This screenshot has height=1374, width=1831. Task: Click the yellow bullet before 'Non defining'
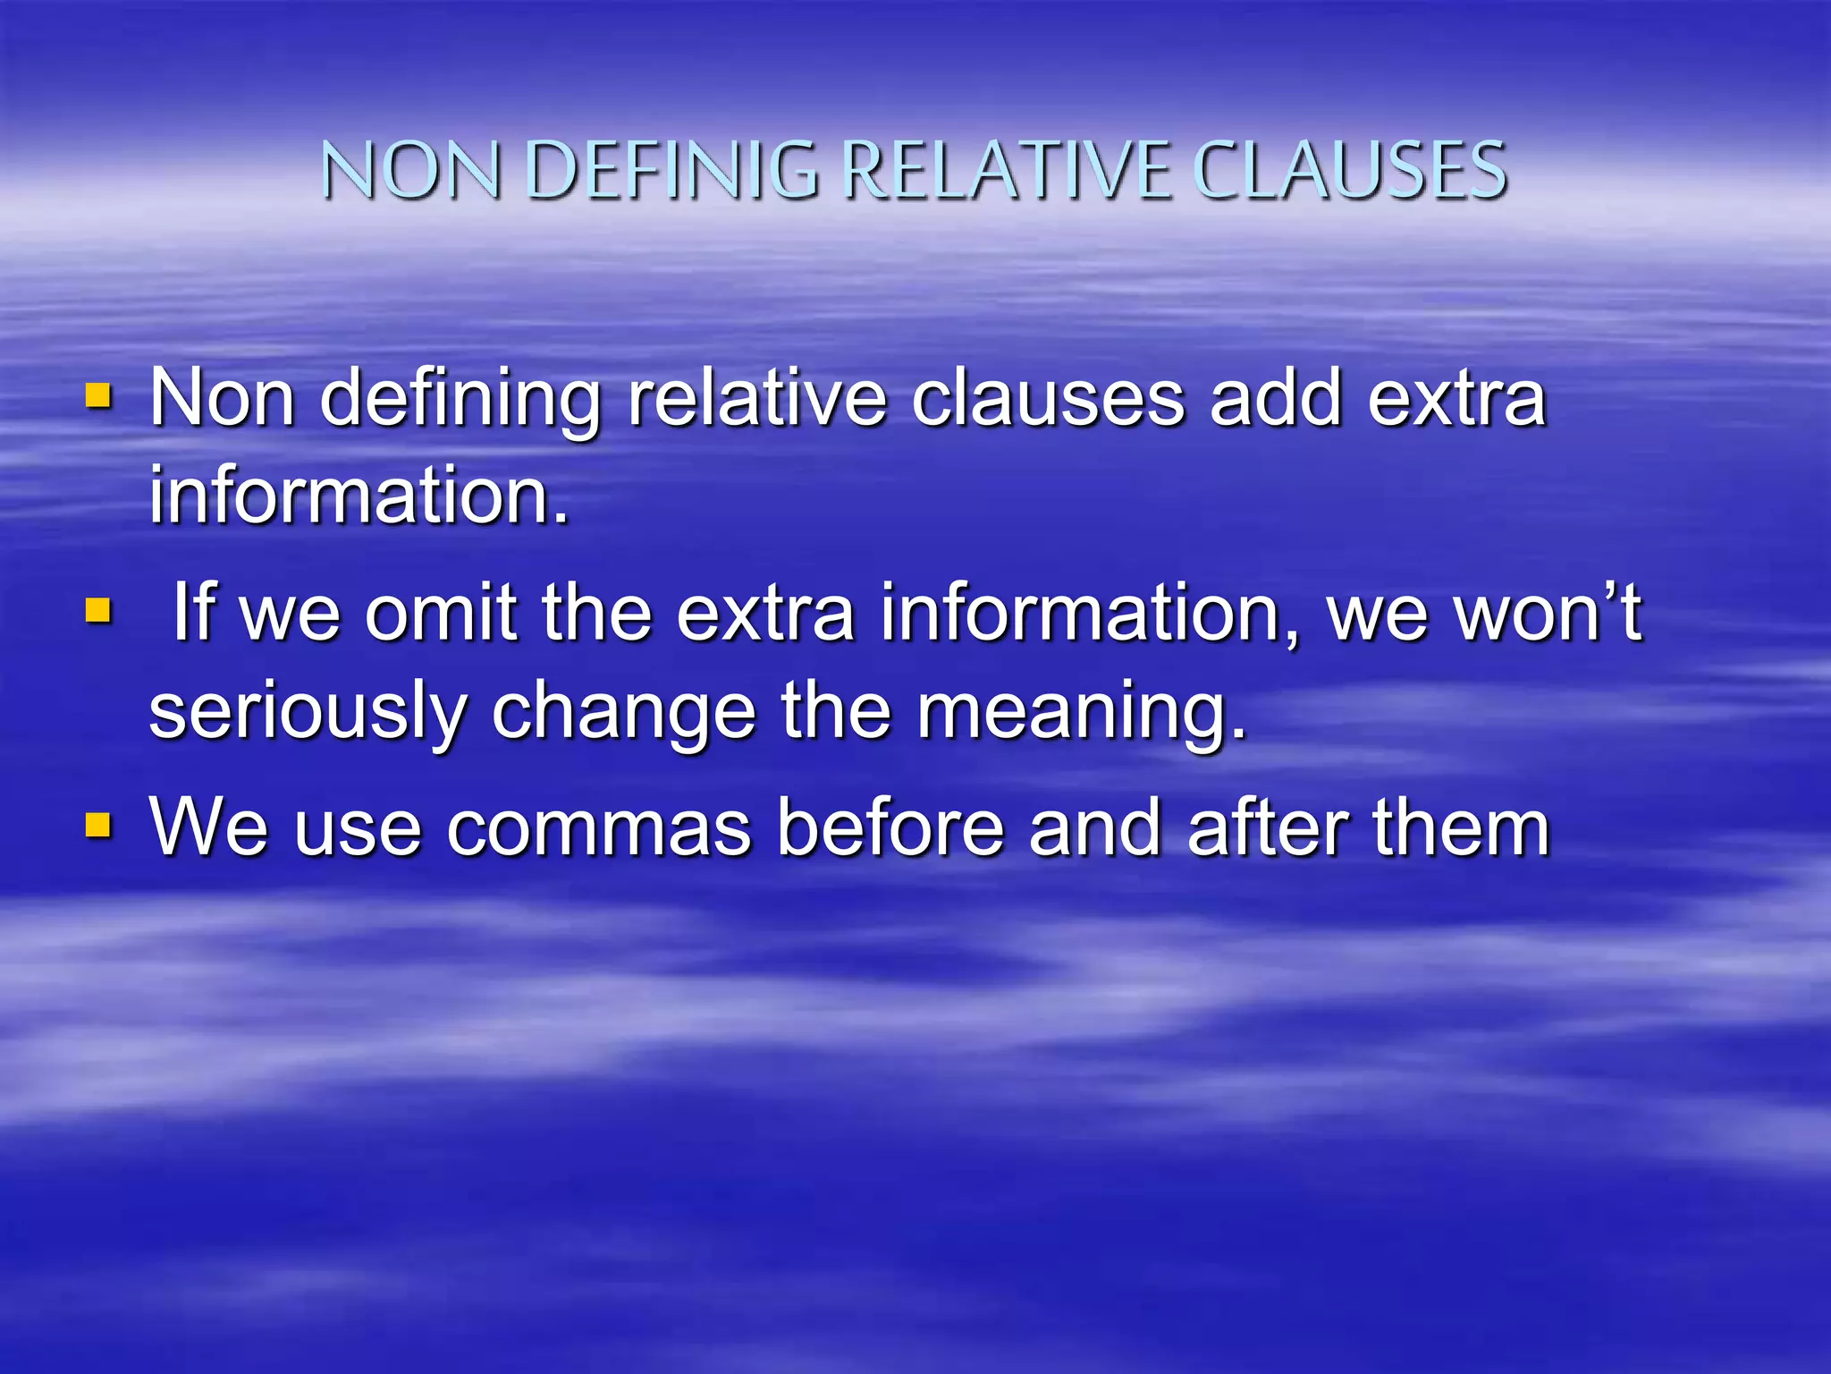pos(98,395)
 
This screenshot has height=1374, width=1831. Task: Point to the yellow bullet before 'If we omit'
pos(98,612)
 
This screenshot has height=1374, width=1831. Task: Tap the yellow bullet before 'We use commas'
pos(98,826)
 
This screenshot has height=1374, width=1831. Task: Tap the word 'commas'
pos(598,827)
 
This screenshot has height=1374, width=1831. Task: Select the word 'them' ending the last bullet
pos(1461,827)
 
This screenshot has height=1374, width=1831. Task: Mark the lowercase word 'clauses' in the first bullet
pos(1048,398)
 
